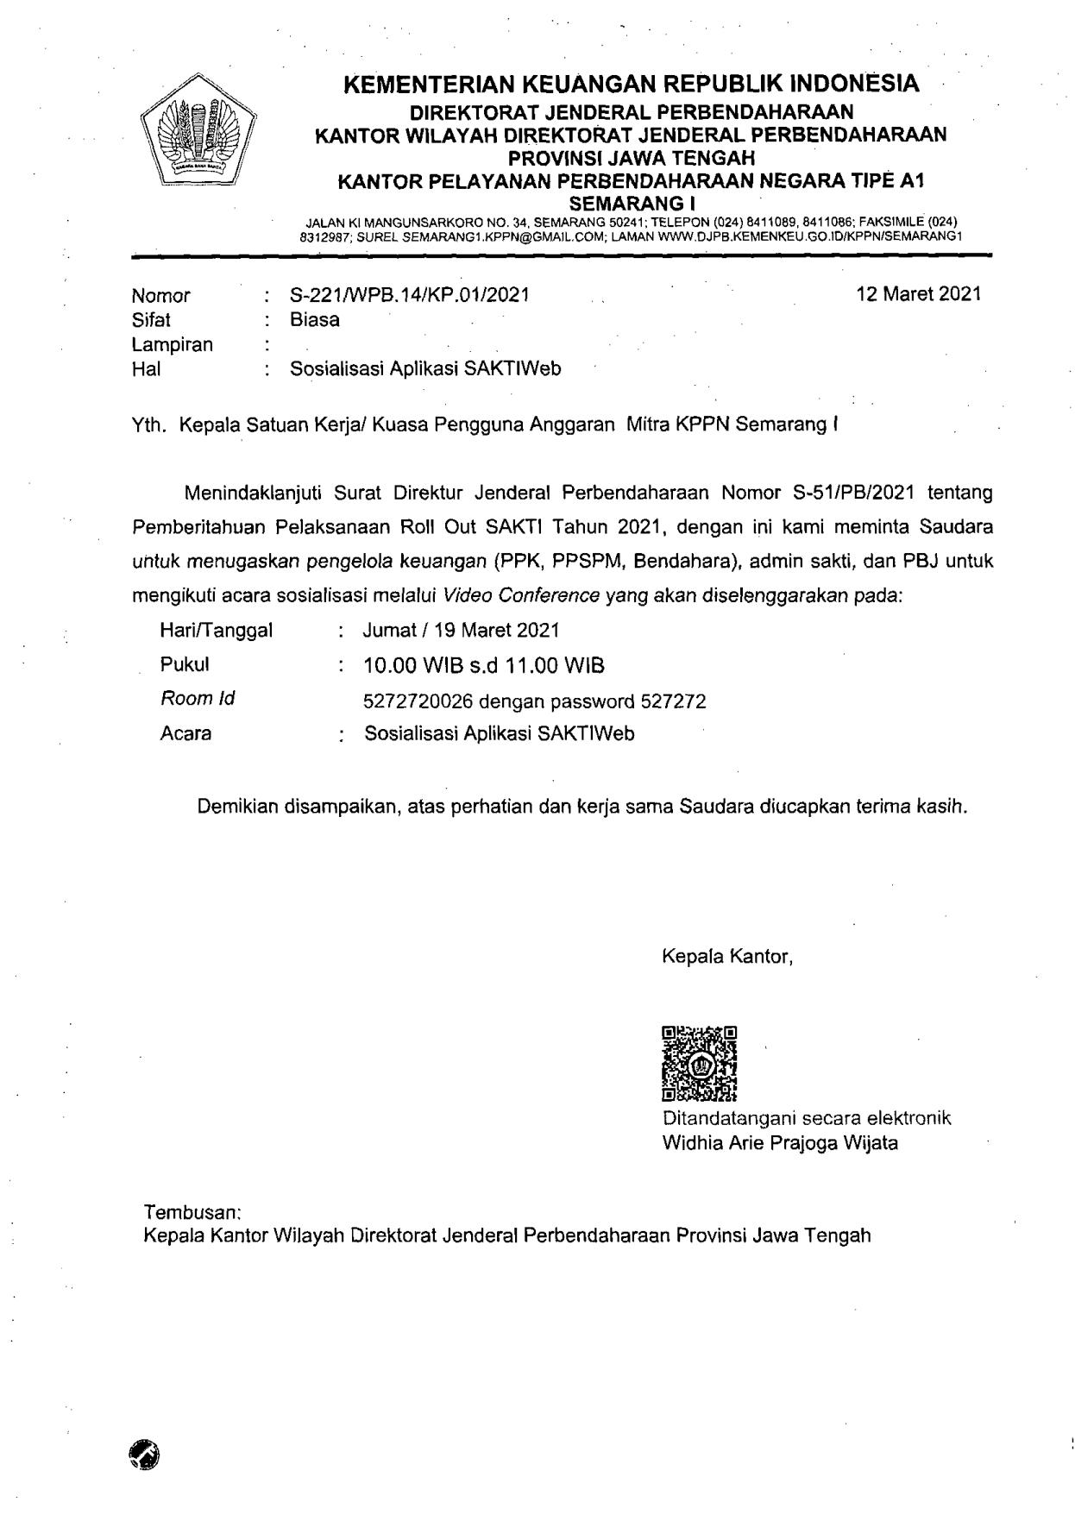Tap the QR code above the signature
699,1064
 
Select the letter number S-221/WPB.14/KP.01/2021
410,295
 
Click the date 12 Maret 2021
918,294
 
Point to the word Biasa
315,320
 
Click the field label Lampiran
172,345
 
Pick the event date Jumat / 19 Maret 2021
461,631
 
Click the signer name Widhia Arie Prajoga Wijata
779,1143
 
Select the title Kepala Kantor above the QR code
726,956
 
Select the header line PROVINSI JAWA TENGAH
631,158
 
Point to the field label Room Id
198,698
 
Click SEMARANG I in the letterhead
631,204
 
